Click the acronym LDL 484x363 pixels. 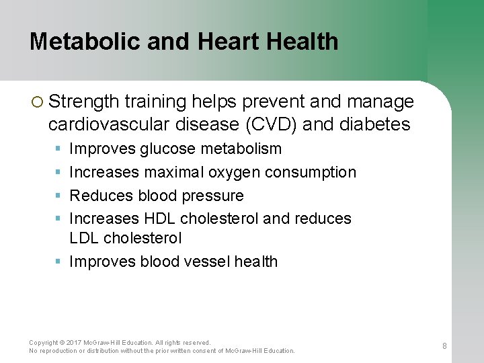point(85,238)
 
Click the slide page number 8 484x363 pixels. point(444,346)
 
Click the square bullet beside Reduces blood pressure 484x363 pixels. point(58,196)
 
